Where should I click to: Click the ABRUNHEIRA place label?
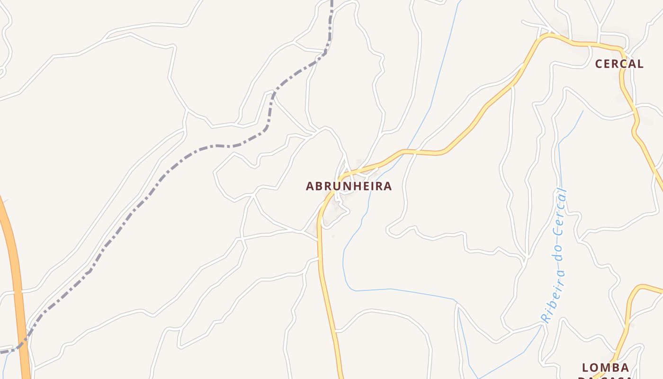[349, 186]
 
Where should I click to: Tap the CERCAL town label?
[619, 64]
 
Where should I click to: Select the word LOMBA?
[606, 368]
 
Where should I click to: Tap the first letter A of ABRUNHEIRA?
[311, 186]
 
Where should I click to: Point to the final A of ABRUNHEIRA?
[388, 186]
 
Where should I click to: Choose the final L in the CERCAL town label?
[640, 64]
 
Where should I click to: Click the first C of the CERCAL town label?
[599, 64]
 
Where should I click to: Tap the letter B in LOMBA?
[614, 368]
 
